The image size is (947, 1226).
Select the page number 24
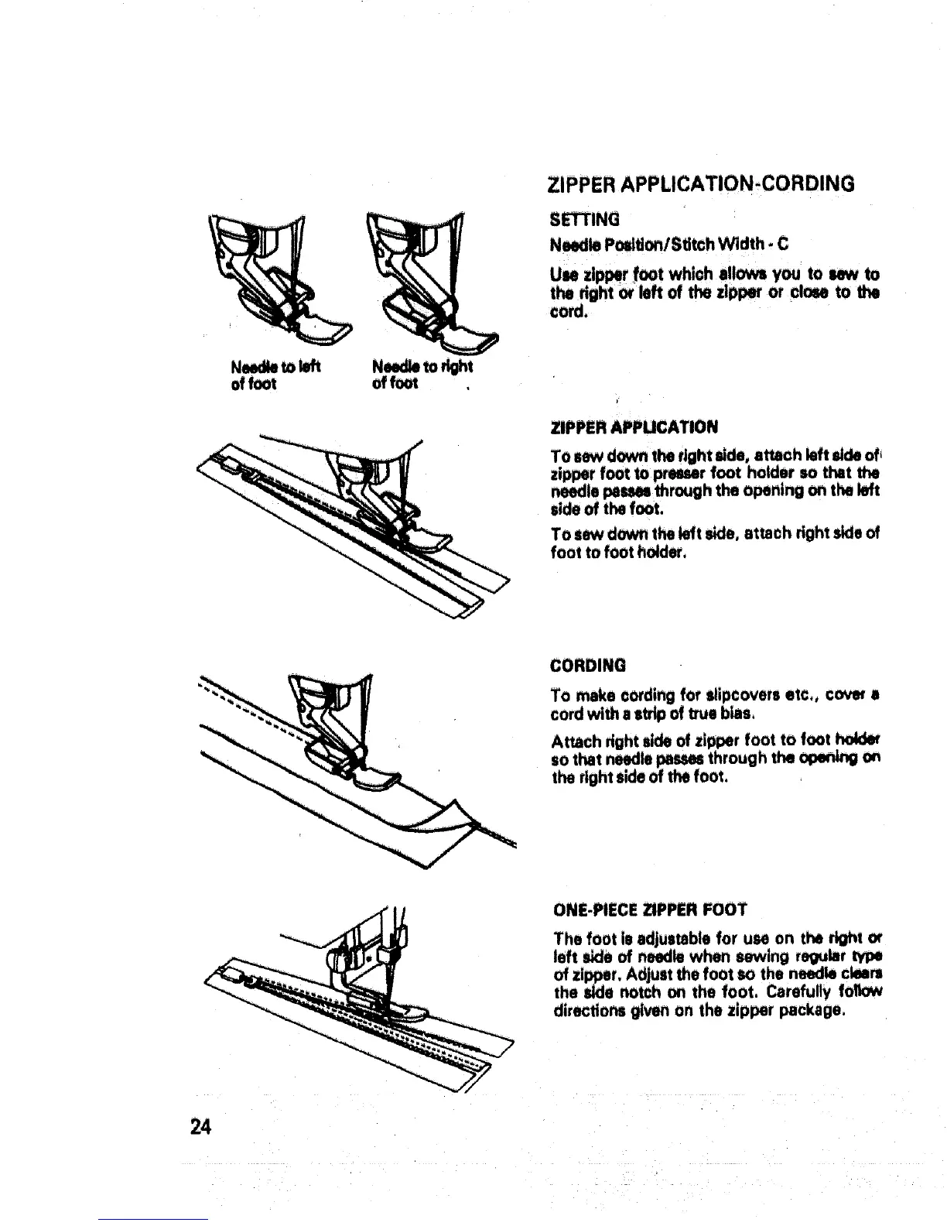[x=200, y=1126]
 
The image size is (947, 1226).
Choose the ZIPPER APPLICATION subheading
[x=634, y=426]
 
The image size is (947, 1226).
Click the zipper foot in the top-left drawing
[x=309, y=325]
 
